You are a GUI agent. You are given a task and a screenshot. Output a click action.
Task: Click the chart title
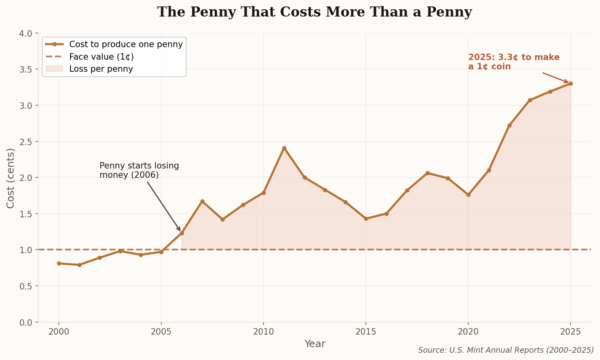coord(314,12)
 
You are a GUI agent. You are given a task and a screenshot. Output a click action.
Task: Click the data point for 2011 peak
coord(284,148)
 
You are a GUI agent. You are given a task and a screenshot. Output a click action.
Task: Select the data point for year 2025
coord(570,83)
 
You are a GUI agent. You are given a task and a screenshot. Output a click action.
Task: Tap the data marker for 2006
coord(182,233)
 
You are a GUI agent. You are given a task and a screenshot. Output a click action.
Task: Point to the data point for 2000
coord(59,263)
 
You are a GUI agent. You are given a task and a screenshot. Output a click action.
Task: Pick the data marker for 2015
coord(366,218)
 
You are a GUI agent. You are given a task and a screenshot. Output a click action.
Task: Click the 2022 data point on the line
coord(509,125)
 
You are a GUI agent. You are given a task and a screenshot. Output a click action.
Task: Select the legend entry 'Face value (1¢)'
coord(101,57)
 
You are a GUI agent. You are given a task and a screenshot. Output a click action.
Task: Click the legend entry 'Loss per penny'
coord(101,69)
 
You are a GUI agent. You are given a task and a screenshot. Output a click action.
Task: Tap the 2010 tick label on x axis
coord(264,332)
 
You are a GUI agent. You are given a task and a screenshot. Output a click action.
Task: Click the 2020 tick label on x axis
coord(468,332)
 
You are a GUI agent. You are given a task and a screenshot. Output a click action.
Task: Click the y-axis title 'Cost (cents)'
coord(11,178)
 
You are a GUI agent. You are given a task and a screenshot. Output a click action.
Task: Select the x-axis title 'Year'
coord(315,344)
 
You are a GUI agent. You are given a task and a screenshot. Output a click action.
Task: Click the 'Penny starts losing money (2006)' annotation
coord(139,171)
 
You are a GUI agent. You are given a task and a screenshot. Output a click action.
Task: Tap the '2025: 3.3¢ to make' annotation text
coord(514,58)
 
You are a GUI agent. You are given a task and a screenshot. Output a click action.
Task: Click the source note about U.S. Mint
coord(506,350)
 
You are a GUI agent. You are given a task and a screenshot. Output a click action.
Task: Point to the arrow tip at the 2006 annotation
coord(180,231)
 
